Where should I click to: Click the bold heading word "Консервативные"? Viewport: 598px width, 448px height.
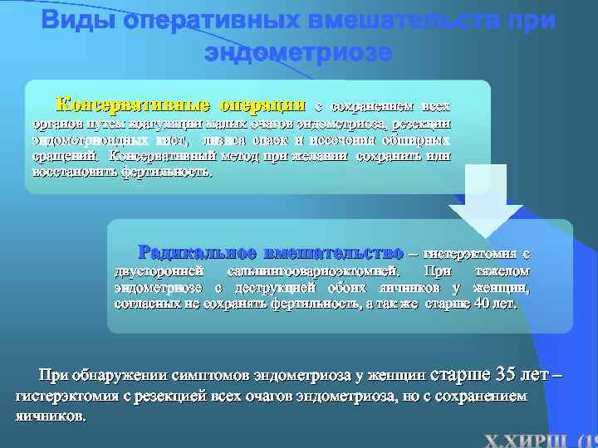[x=132, y=106]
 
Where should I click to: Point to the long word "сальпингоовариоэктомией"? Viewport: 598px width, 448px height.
[x=315, y=270]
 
